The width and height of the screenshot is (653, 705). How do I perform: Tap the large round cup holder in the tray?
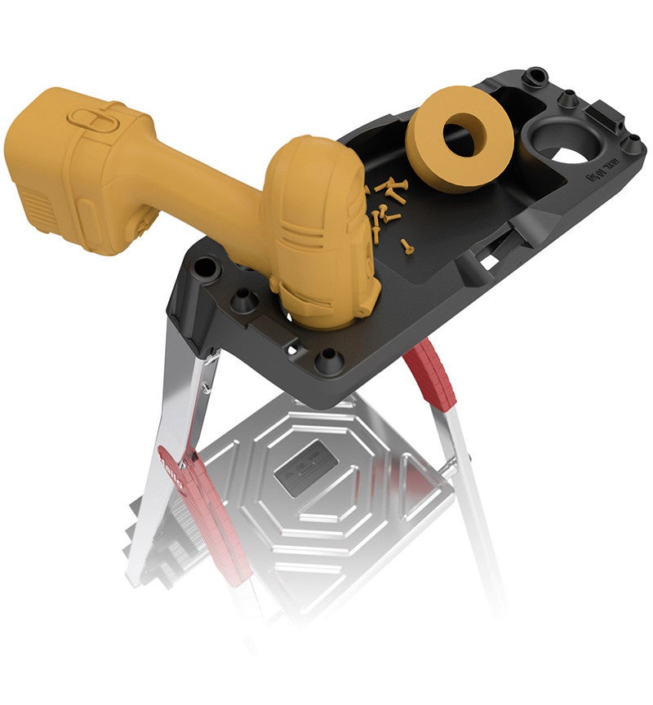tap(563, 143)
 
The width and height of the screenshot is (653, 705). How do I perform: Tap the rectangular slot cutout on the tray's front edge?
tap(489, 261)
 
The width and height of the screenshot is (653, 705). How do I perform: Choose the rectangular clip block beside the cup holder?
tap(604, 114)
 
